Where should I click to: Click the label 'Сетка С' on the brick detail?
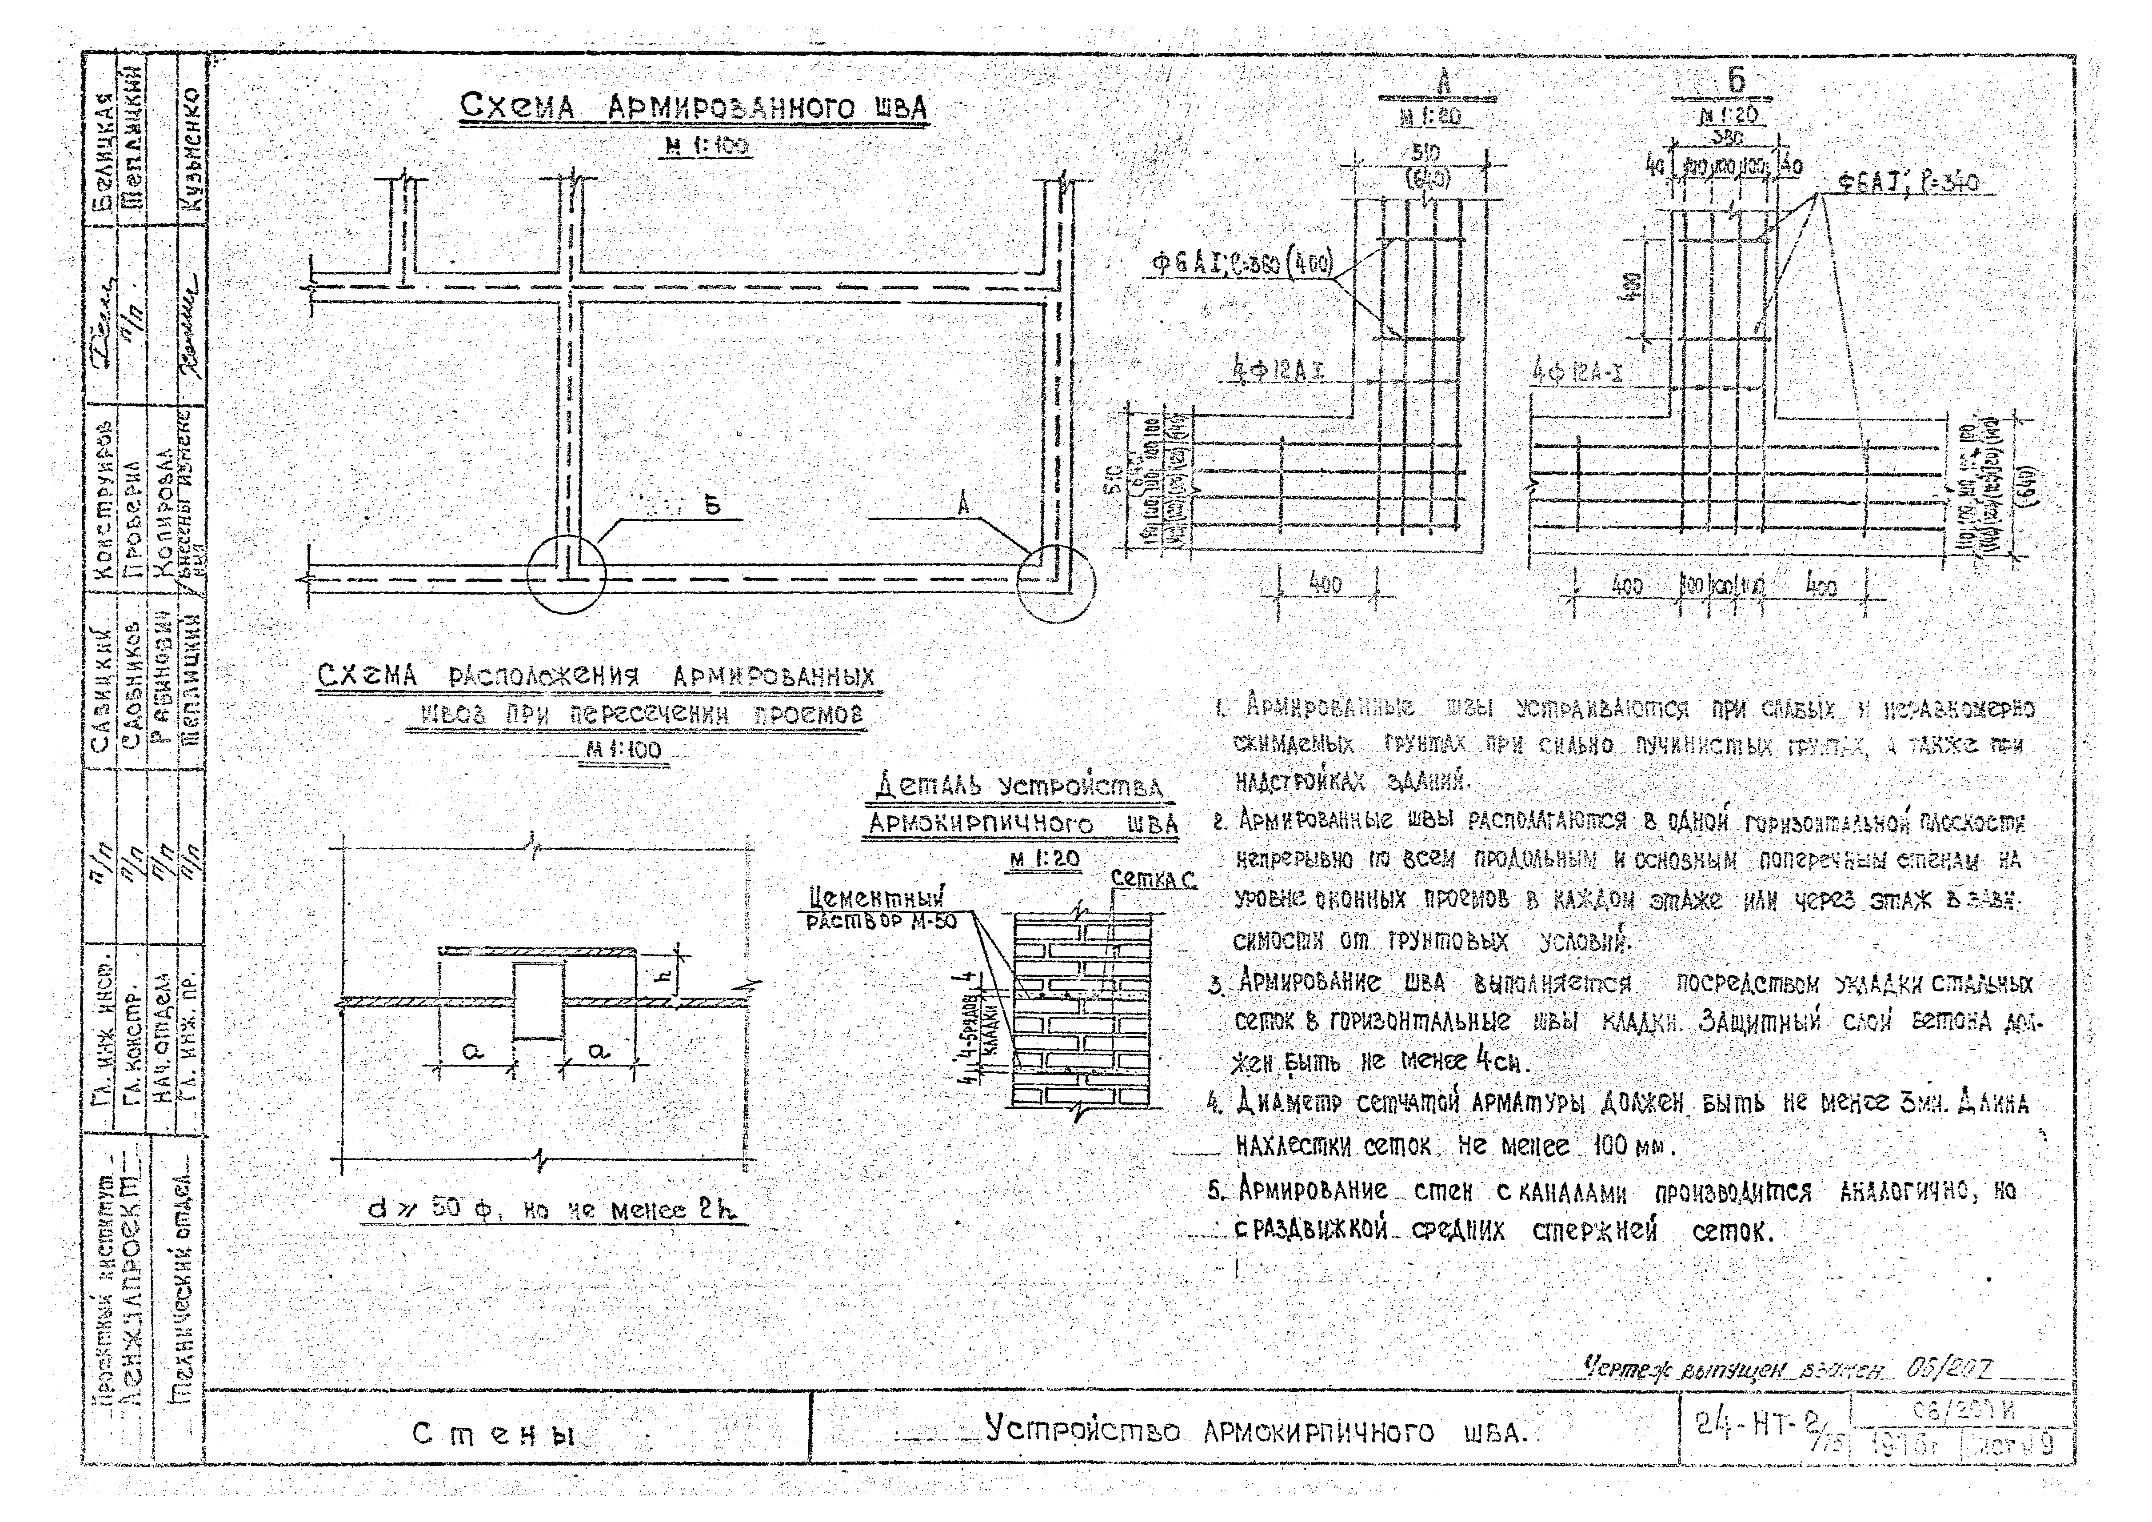[x=1153, y=879]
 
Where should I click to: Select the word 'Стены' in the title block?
[x=494, y=1434]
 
